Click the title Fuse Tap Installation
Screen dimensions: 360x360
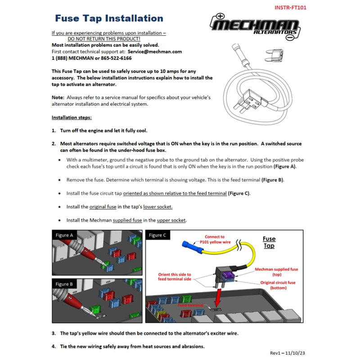[x=109, y=18]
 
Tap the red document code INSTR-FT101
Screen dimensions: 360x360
[x=291, y=7]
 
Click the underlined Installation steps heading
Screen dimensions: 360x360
[x=72, y=117]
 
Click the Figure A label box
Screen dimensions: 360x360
[x=65, y=235]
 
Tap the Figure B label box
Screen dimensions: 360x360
[x=65, y=284]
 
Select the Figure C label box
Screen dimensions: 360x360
[x=158, y=235]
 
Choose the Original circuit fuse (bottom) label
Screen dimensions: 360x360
[x=284, y=285]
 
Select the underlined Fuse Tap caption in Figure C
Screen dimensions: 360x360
[x=269, y=242]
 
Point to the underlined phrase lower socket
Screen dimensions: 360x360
[x=158, y=207]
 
